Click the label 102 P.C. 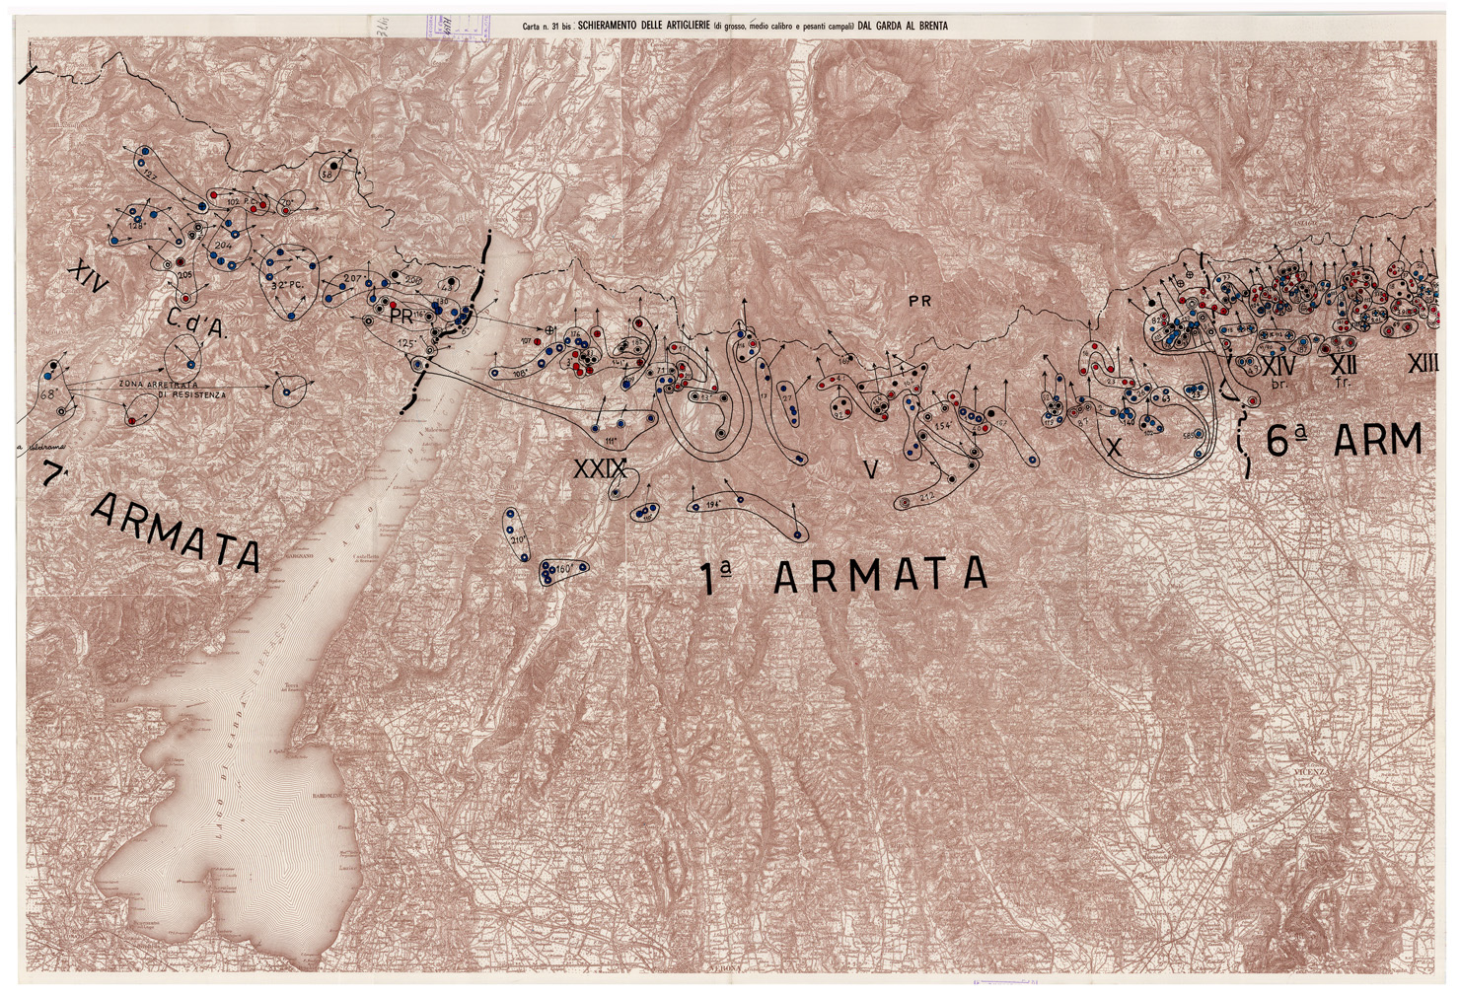(x=236, y=201)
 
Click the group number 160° (x=563, y=570)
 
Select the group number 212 (x=926, y=494)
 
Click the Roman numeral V (x=869, y=469)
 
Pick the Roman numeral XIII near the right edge (x=1423, y=364)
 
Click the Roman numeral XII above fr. (x=1345, y=365)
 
